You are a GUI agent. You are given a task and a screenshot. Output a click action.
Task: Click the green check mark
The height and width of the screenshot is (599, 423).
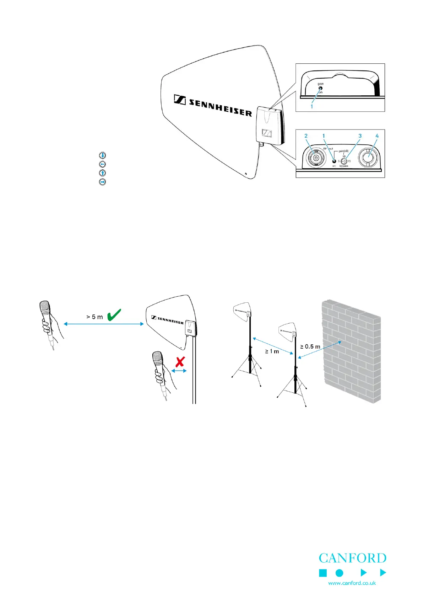coord(114,315)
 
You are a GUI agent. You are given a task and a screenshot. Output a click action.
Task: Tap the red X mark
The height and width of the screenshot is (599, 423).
coord(180,362)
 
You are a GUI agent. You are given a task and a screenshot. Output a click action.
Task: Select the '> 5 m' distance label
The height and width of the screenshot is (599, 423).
coord(94,317)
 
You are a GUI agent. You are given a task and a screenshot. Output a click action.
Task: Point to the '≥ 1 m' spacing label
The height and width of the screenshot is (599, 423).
coord(272,351)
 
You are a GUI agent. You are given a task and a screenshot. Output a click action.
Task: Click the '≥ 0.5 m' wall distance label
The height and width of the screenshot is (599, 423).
coord(310,346)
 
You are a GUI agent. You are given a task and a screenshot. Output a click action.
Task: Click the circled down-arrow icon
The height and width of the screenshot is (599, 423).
coord(102,155)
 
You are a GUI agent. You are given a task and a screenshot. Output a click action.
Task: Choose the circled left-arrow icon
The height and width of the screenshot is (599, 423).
coord(102,164)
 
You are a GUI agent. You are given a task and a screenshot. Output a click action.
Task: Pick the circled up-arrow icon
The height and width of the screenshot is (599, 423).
coord(102,173)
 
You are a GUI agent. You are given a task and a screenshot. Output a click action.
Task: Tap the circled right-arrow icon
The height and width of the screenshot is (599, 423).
coord(102,182)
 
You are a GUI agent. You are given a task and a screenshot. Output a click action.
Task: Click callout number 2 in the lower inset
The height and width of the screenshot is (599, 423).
coord(306,136)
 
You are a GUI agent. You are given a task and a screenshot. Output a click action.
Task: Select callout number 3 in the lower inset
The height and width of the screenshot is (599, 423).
coord(360,136)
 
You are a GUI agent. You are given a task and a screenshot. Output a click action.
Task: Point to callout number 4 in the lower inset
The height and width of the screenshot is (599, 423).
coord(377,136)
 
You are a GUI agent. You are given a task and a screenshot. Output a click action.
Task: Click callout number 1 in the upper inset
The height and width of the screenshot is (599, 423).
coord(312,106)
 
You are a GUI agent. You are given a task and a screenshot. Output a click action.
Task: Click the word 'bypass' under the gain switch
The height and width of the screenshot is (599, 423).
coord(344,166)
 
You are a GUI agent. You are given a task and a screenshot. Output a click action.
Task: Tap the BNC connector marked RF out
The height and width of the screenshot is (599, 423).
coord(314,158)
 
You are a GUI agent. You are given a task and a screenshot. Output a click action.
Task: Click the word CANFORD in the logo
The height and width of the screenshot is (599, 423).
coord(352,558)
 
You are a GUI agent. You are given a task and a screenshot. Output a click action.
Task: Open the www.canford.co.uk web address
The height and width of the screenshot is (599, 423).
coord(352,583)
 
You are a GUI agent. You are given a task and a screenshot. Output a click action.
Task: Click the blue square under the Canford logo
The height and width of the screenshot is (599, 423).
coord(323,573)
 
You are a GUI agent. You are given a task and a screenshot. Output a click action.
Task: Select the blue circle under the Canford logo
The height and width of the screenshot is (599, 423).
coord(340,573)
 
